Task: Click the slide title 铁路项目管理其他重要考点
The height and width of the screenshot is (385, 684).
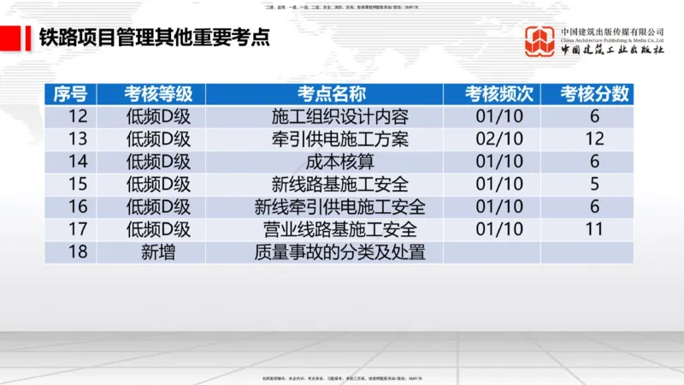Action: click(154, 38)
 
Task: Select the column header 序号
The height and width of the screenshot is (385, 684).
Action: click(70, 93)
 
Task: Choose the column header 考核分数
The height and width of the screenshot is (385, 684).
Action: click(595, 93)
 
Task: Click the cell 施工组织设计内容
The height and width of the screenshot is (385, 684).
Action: click(339, 117)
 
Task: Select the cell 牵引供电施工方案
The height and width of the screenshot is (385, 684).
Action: click(339, 139)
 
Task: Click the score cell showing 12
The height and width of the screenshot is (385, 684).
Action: click(595, 139)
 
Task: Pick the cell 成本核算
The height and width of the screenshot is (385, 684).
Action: click(339, 162)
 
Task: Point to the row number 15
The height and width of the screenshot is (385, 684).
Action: click(78, 184)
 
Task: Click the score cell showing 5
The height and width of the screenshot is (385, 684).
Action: click(595, 184)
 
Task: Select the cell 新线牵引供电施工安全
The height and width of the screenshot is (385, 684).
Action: click(339, 206)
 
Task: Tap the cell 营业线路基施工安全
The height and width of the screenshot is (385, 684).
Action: click(339, 229)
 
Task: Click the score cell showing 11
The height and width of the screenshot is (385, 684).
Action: click(595, 229)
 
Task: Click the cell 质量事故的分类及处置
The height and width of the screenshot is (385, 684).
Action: click(339, 252)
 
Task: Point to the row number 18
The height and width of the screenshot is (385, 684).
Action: click(78, 252)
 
